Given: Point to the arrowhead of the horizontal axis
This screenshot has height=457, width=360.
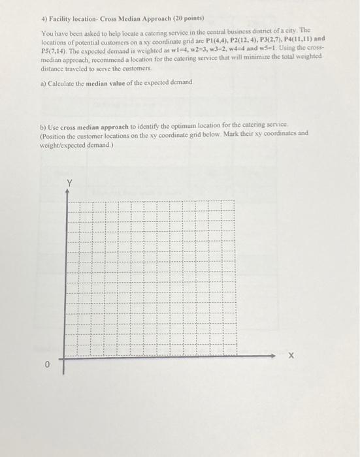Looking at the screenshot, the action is coord(274,356).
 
